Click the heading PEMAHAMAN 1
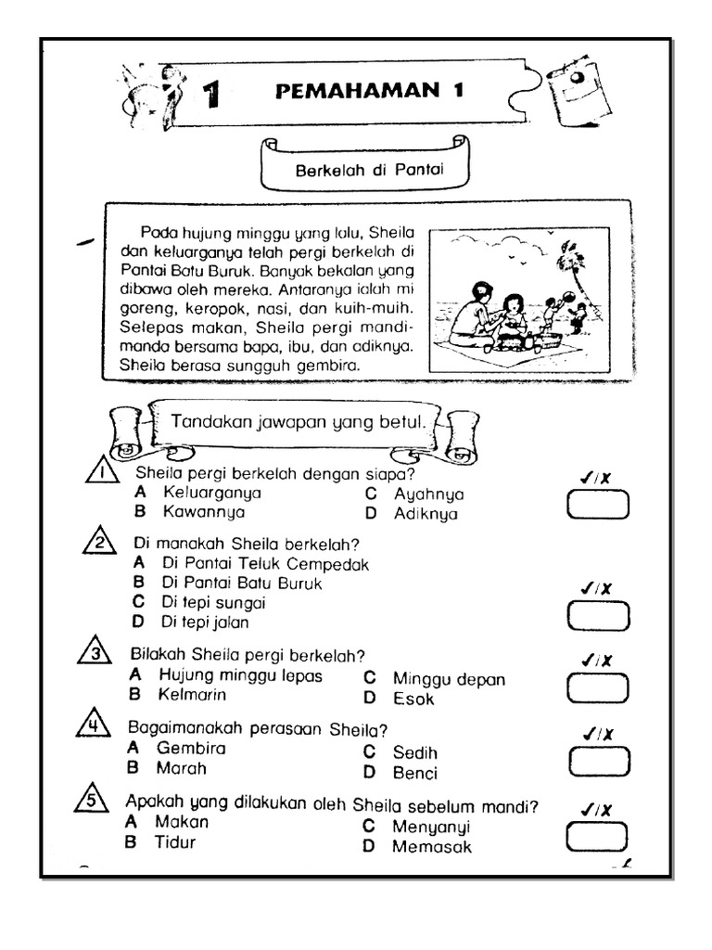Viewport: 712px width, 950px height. click(x=370, y=92)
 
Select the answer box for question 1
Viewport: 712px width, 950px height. click(x=598, y=505)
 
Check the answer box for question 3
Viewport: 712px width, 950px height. click(x=598, y=687)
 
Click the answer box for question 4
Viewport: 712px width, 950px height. click(x=598, y=761)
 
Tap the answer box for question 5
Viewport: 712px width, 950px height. click(x=598, y=836)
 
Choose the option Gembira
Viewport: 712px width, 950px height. click(x=191, y=748)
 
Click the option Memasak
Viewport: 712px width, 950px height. click(x=431, y=847)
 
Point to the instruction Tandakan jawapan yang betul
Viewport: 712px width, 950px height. click(x=298, y=422)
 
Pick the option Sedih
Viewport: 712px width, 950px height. click(x=413, y=752)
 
